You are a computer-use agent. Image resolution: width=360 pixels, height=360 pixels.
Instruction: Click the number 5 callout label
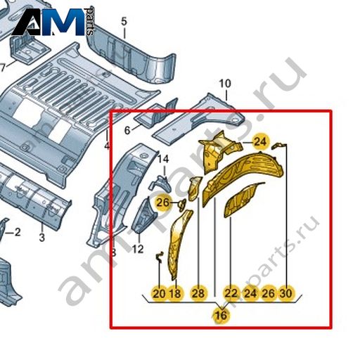(124, 22)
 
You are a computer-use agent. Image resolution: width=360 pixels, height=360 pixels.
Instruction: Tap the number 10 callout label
(225, 84)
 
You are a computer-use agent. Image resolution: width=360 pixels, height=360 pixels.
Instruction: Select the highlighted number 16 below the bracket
(221, 316)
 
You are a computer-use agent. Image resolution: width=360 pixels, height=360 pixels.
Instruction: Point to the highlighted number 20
(159, 293)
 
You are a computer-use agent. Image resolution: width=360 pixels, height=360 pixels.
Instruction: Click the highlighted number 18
(176, 293)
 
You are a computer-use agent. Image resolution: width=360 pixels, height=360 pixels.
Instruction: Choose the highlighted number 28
(198, 293)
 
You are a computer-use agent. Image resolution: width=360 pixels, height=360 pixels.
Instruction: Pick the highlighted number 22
(231, 293)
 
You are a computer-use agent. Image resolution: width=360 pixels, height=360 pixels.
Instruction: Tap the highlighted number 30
(286, 293)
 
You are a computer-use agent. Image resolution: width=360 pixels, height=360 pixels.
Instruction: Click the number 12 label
(138, 249)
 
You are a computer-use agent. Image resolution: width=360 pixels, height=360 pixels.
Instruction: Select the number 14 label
(163, 160)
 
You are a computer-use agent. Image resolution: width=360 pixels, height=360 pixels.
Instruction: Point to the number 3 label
(42, 238)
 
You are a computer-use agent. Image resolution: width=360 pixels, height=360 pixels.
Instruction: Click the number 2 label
(18, 232)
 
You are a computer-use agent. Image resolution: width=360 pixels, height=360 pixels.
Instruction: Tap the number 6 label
(127, 131)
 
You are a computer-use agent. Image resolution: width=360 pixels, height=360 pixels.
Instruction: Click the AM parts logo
(53, 22)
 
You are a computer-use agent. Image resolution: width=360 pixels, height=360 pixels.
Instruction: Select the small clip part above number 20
(160, 257)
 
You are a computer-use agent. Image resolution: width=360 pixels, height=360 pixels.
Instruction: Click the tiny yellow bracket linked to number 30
(278, 146)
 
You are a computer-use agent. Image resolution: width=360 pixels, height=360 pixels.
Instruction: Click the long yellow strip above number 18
(179, 244)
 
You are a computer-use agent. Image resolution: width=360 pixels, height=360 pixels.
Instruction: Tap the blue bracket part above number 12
(145, 215)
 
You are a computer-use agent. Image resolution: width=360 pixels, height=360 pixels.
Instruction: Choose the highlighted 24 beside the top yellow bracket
(261, 142)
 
